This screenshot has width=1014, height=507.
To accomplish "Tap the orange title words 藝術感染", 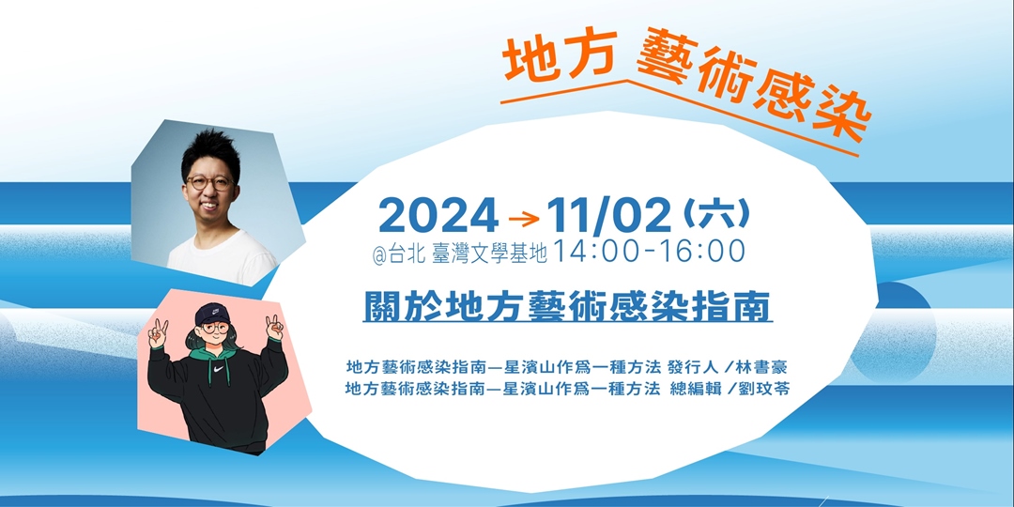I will [x=752, y=94].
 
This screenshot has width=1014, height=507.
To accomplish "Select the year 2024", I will [x=438, y=217].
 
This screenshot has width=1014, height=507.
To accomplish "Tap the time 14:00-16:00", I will [x=650, y=252].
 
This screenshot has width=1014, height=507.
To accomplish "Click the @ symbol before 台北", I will [x=378, y=253].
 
